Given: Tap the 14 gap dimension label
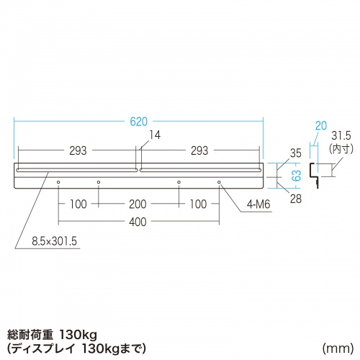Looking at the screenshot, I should [156, 135].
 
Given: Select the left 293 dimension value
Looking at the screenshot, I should [78, 150].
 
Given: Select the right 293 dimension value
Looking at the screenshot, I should [199, 150].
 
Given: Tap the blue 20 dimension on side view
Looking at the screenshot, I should [320, 125].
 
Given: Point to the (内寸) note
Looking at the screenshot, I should [341, 149].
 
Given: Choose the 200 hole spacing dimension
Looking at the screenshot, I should [138, 204].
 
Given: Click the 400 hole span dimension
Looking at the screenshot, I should [138, 221].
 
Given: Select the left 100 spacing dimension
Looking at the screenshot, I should [78, 204].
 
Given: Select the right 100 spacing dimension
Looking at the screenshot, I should [199, 204].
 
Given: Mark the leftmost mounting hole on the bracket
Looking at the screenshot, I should [58, 183].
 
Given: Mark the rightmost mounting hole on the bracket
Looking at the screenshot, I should [219, 183].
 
